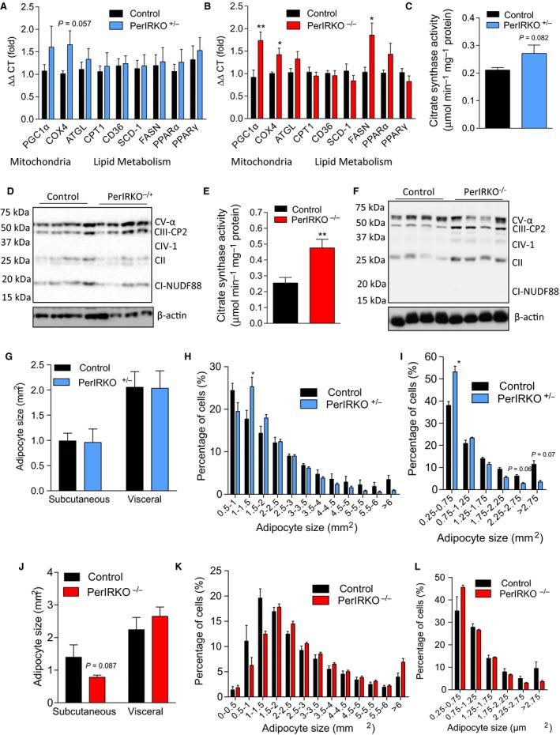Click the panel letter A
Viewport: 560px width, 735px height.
pyautogui.click(x=6, y=7)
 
